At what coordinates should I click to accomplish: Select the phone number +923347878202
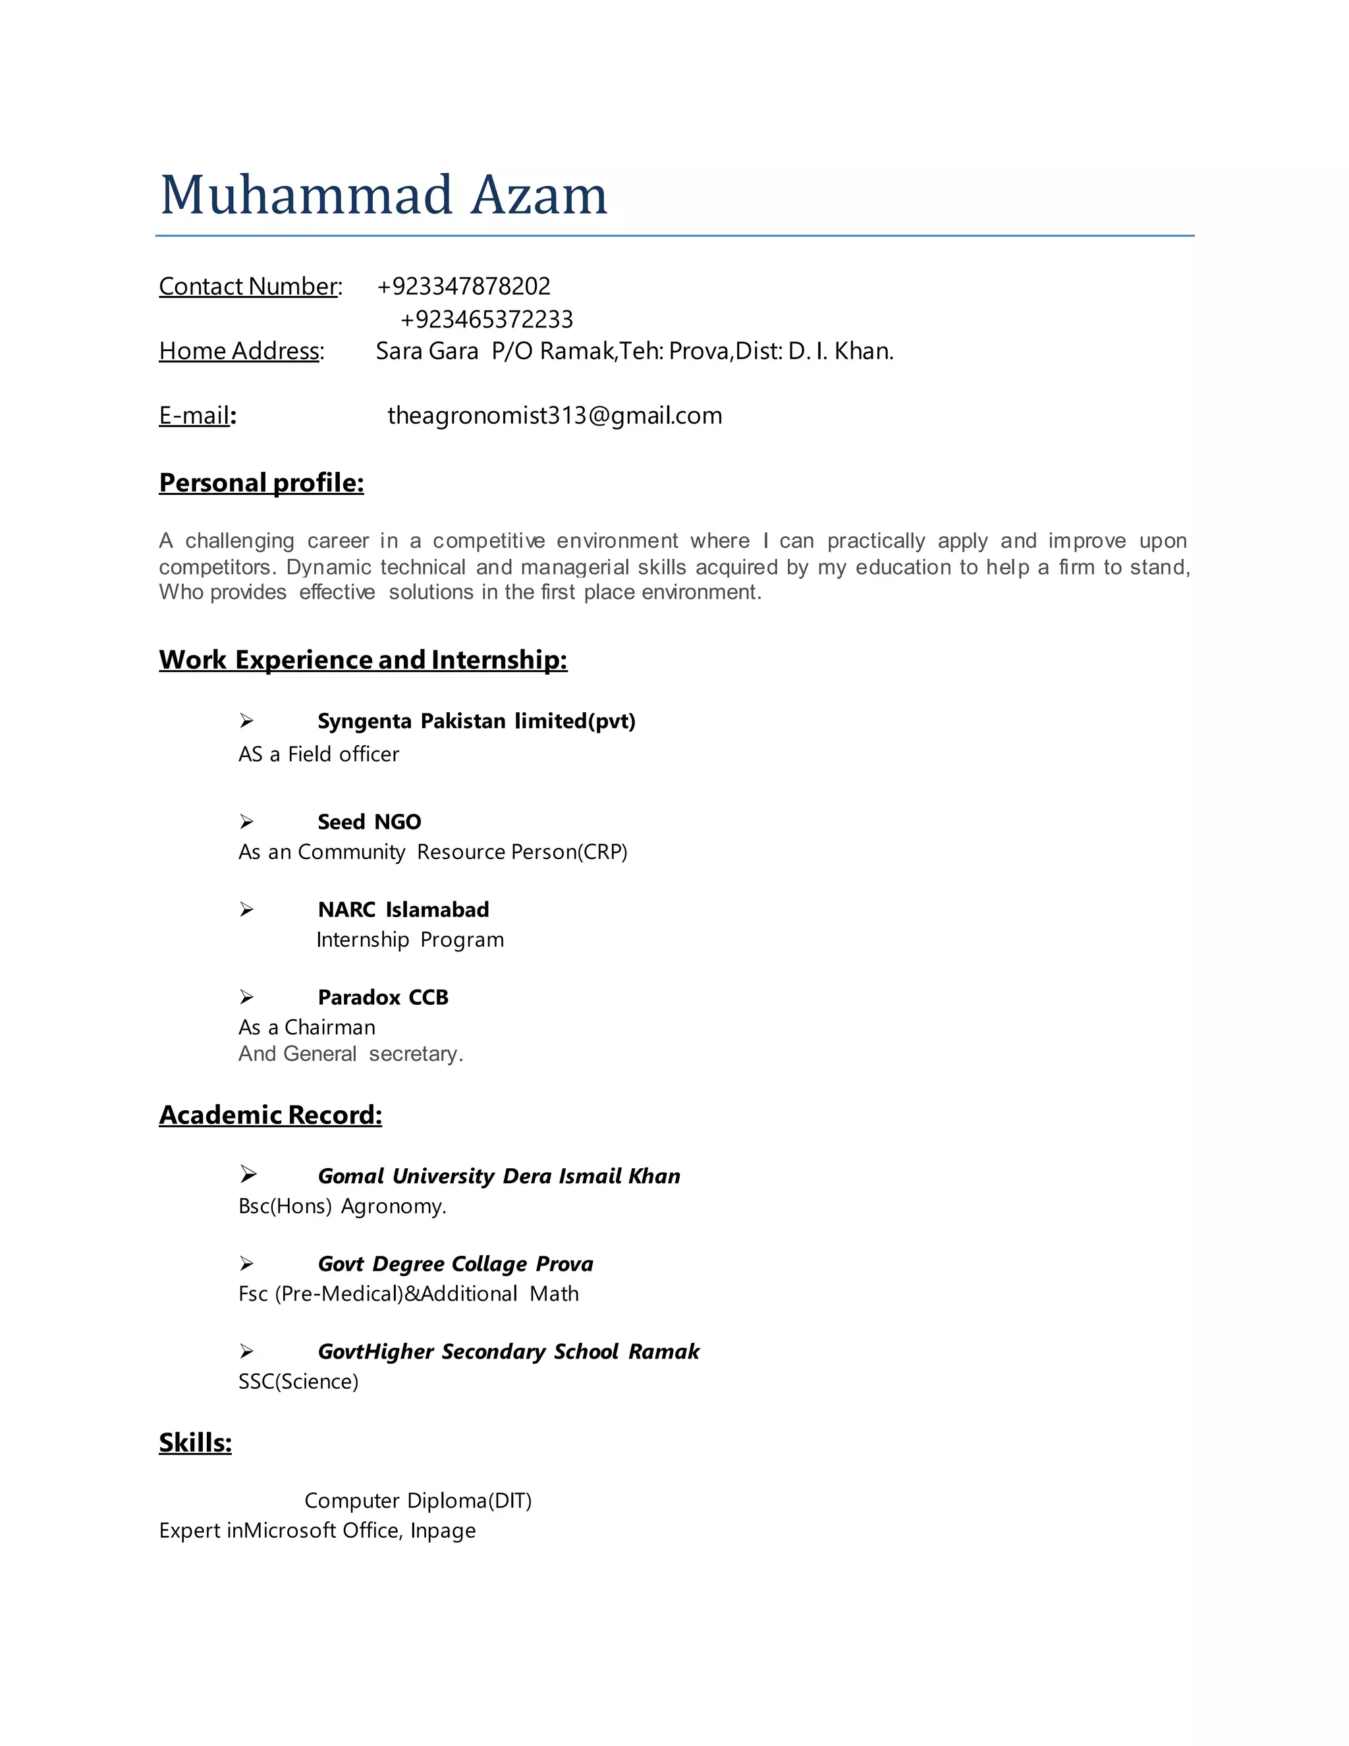tap(464, 286)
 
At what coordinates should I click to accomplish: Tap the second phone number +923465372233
tap(487, 320)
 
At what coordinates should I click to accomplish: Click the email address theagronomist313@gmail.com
tap(555, 416)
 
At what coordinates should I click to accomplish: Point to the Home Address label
tap(240, 351)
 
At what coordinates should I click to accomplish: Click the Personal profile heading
tap(262, 483)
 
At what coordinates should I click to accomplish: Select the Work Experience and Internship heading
tap(363, 660)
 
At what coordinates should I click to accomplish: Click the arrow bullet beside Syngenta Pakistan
tap(247, 721)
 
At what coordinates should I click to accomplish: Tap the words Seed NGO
tap(370, 822)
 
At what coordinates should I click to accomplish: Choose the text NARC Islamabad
tap(404, 910)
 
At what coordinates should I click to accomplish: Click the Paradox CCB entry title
tap(383, 998)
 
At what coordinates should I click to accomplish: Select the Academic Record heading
tap(270, 1115)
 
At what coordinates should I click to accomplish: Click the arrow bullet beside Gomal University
tap(248, 1174)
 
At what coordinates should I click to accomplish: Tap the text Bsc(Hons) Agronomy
tap(342, 1206)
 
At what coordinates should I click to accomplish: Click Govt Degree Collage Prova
tap(456, 1264)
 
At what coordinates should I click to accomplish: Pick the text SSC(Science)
tap(298, 1382)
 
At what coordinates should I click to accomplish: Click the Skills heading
tap(195, 1443)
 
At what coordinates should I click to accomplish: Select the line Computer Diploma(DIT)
tap(418, 1500)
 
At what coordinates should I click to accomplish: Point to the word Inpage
tap(443, 1531)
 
